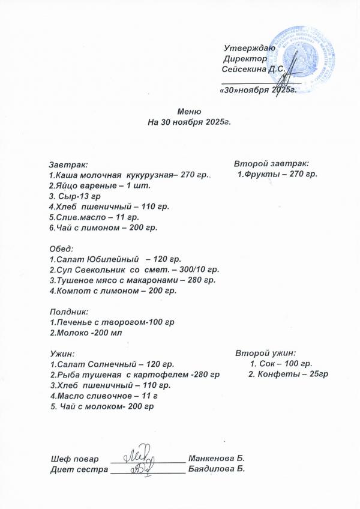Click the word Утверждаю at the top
click(x=249, y=48)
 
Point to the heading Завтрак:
click(x=68, y=163)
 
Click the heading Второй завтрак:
click(x=271, y=163)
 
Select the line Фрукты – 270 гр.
click(x=277, y=174)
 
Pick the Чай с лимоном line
click(x=103, y=228)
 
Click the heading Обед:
click(x=61, y=248)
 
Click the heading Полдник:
click(x=68, y=312)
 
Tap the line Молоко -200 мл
click(x=85, y=333)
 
